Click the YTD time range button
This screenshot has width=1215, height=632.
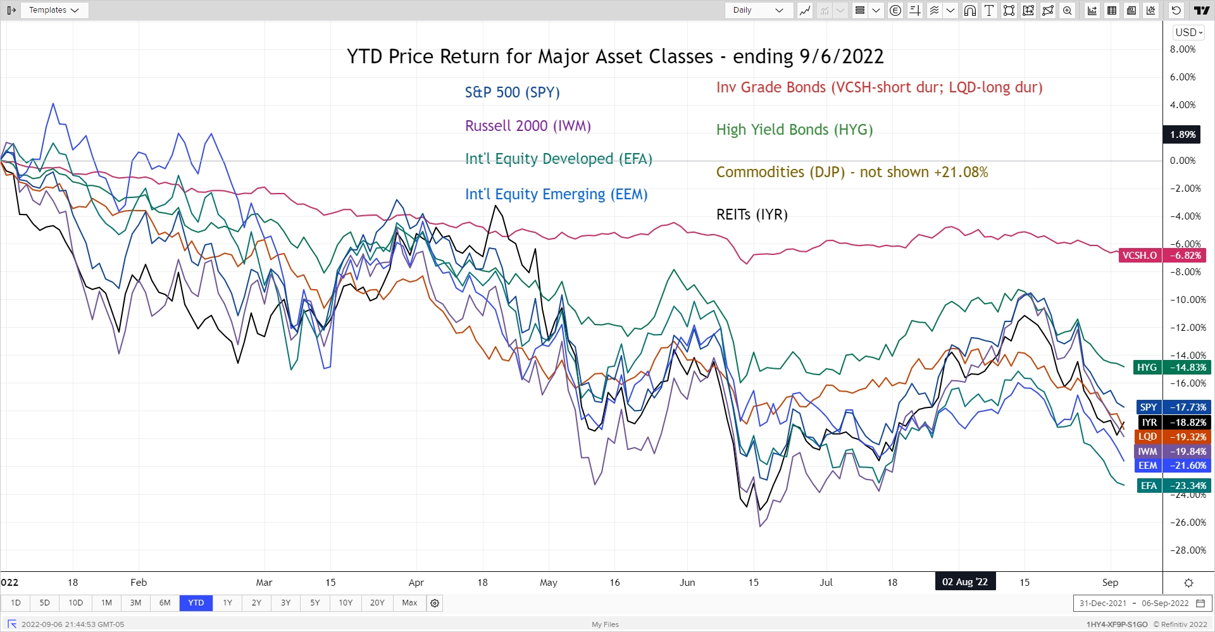pos(196,603)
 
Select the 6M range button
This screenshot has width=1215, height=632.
pos(165,603)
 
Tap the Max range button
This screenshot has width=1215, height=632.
pos(409,603)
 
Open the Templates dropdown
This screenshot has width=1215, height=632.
pos(54,10)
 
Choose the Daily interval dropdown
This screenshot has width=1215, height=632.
pos(758,10)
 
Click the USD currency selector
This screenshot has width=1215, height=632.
pos(1188,32)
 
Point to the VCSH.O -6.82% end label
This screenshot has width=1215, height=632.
pos(1162,256)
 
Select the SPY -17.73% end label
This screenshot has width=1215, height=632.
pos(1171,407)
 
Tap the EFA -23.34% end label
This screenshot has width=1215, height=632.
pos(1172,486)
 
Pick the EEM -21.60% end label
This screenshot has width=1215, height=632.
pos(1171,466)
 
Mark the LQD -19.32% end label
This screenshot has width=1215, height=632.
pos(1171,437)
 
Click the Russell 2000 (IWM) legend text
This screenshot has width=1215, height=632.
pos(528,126)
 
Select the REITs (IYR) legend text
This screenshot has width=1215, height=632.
pos(752,214)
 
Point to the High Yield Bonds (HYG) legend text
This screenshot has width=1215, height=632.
pos(794,130)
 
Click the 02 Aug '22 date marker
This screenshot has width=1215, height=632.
pos(964,582)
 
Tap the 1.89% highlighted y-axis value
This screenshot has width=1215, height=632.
pos(1182,135)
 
